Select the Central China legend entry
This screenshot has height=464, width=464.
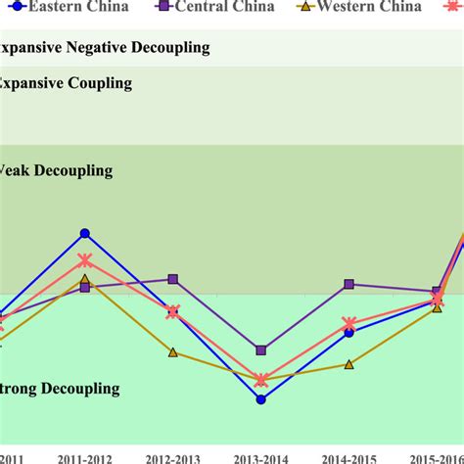point(215,6)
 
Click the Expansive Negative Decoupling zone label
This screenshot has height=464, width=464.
point(103,47)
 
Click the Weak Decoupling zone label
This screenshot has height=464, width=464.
point(56,170)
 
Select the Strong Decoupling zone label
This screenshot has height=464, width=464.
point(60,389)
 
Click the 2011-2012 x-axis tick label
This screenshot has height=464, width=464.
point(85,457)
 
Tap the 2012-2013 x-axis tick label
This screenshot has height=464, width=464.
point(173,457)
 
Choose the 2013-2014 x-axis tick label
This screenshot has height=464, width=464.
point(261,457)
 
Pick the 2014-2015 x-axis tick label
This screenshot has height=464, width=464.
point(349,457)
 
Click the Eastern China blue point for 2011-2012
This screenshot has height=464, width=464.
point(85,233)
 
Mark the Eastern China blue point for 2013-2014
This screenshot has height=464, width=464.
point(261,399)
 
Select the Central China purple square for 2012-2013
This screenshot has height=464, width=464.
point(173,279)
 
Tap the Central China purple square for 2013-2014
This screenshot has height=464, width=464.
point(261,349)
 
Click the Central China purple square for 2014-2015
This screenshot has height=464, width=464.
point(349,285)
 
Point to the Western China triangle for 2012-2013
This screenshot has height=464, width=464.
point(173,351)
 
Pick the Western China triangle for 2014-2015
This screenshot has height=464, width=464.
point(349,364)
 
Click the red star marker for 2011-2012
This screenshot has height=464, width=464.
point(85,260)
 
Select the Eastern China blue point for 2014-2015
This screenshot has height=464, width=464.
point(349,332)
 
